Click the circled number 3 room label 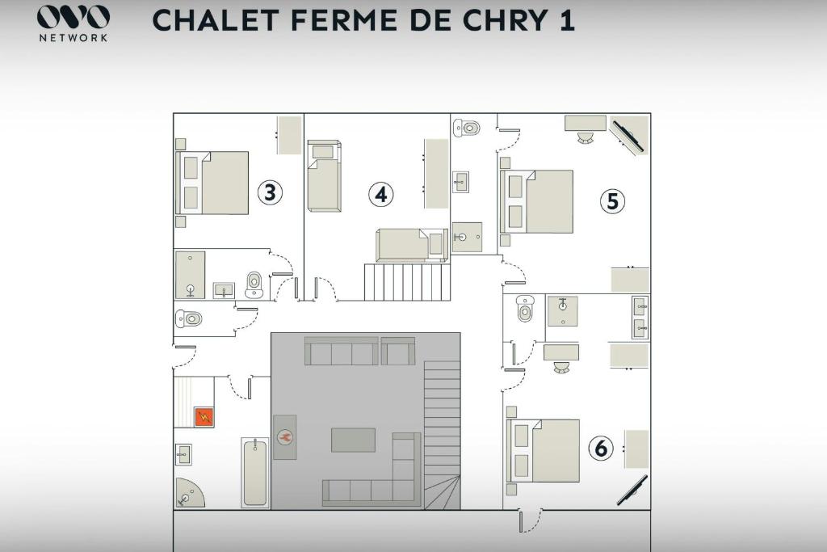pos(270,192)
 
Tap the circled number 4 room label pos(381,194)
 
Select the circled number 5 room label pos(612,201)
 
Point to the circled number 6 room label pos(601,449)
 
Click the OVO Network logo pos(73,23)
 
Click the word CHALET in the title pos(215,20)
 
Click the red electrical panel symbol pos(204,417)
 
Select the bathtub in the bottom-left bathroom pos(254,473)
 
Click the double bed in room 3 pos(212,183)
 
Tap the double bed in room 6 pos(544,451)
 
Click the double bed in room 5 pos(536,201)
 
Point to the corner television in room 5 pos(628,135)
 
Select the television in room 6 pos(632,491)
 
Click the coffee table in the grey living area pos(354,440)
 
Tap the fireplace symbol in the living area pos(285,437)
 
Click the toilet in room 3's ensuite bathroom pos(254,285)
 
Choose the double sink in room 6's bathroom pos(640,317)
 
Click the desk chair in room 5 pos(586,137)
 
